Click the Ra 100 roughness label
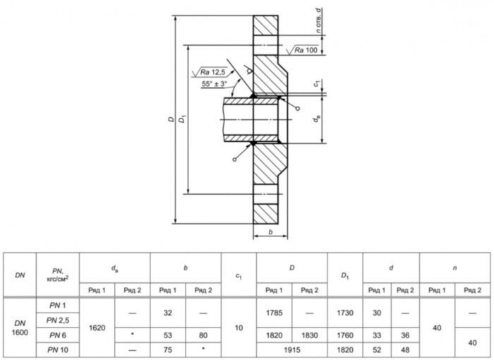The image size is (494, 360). (306, 50)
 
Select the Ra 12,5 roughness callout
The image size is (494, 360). (212, 72)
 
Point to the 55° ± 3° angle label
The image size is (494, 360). (215, 84)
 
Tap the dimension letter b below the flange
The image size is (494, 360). (270, 232)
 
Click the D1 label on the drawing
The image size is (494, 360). (182, 119)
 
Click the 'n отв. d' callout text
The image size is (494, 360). (319, 20)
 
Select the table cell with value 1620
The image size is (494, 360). (97, 328)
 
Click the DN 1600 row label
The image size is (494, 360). (20, 328)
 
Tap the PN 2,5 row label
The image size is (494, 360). (58, 320)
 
